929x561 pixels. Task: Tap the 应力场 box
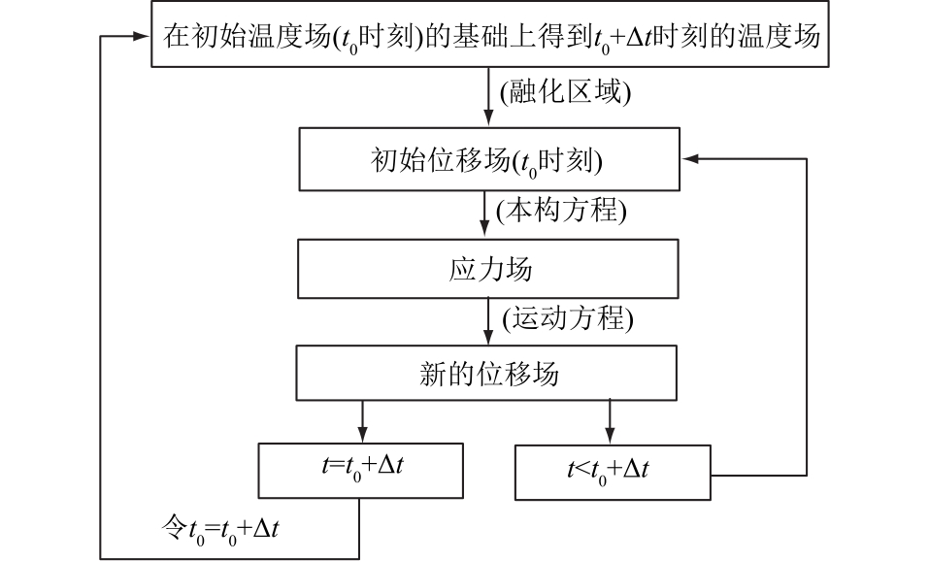click(x=488, y=268)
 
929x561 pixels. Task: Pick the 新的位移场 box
click(x=488, y=374)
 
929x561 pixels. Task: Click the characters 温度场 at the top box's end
click(x=790, y=38)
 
